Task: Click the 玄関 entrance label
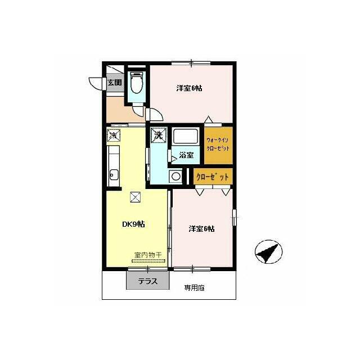[x=115, y=82]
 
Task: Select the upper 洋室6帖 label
[x=189, y=88]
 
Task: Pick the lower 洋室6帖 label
[x=201, y=229]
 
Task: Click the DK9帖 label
[x=133, y=224]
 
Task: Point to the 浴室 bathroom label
[x=186, y=155]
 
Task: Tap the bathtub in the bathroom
[x=186, y=136]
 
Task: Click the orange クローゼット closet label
[x=213, y=177]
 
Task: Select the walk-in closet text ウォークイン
[x=217, y=140]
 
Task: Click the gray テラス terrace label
[x=148, y=281]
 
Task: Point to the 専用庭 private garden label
[x=194, y=288]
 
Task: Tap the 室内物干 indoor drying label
[x=148, y=255]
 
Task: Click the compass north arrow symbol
[x=268, y=251]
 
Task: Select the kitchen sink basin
[x=114, y=175]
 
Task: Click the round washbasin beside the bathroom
[x=176, y=177]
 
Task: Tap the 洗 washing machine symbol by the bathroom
[x=158, y=135]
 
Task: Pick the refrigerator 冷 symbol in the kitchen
[x=114, y=136]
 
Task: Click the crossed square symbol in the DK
[x=136, y=197]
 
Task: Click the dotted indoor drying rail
[x=148, y=261]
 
